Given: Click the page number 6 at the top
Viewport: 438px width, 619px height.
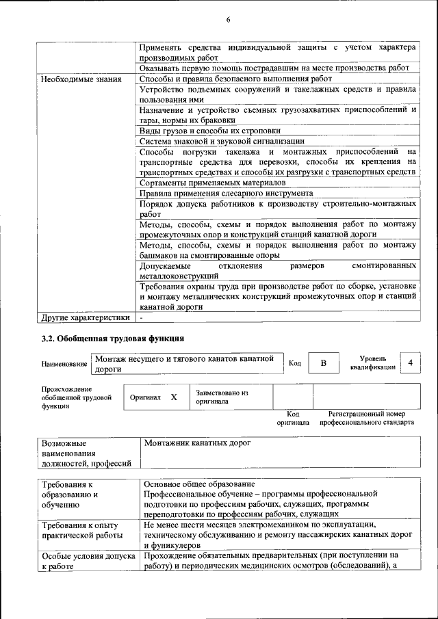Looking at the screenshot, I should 228,20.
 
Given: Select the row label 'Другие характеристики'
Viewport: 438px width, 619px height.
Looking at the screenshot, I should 85,317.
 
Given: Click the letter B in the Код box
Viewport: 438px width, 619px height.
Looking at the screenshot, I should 323,363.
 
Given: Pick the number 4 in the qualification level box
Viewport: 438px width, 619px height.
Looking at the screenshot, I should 410,363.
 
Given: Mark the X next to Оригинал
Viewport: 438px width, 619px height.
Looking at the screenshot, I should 174,397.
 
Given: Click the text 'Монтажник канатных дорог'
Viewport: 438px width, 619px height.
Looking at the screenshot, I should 198,443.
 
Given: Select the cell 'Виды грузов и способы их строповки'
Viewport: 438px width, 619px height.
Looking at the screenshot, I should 209,130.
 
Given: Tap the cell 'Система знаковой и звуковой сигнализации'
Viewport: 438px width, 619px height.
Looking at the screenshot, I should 221,140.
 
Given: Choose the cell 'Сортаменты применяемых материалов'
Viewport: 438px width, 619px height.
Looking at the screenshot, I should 211,183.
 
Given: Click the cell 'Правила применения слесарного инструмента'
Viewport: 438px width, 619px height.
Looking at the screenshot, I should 226,193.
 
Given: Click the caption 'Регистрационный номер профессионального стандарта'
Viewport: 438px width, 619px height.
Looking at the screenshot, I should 365,418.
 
